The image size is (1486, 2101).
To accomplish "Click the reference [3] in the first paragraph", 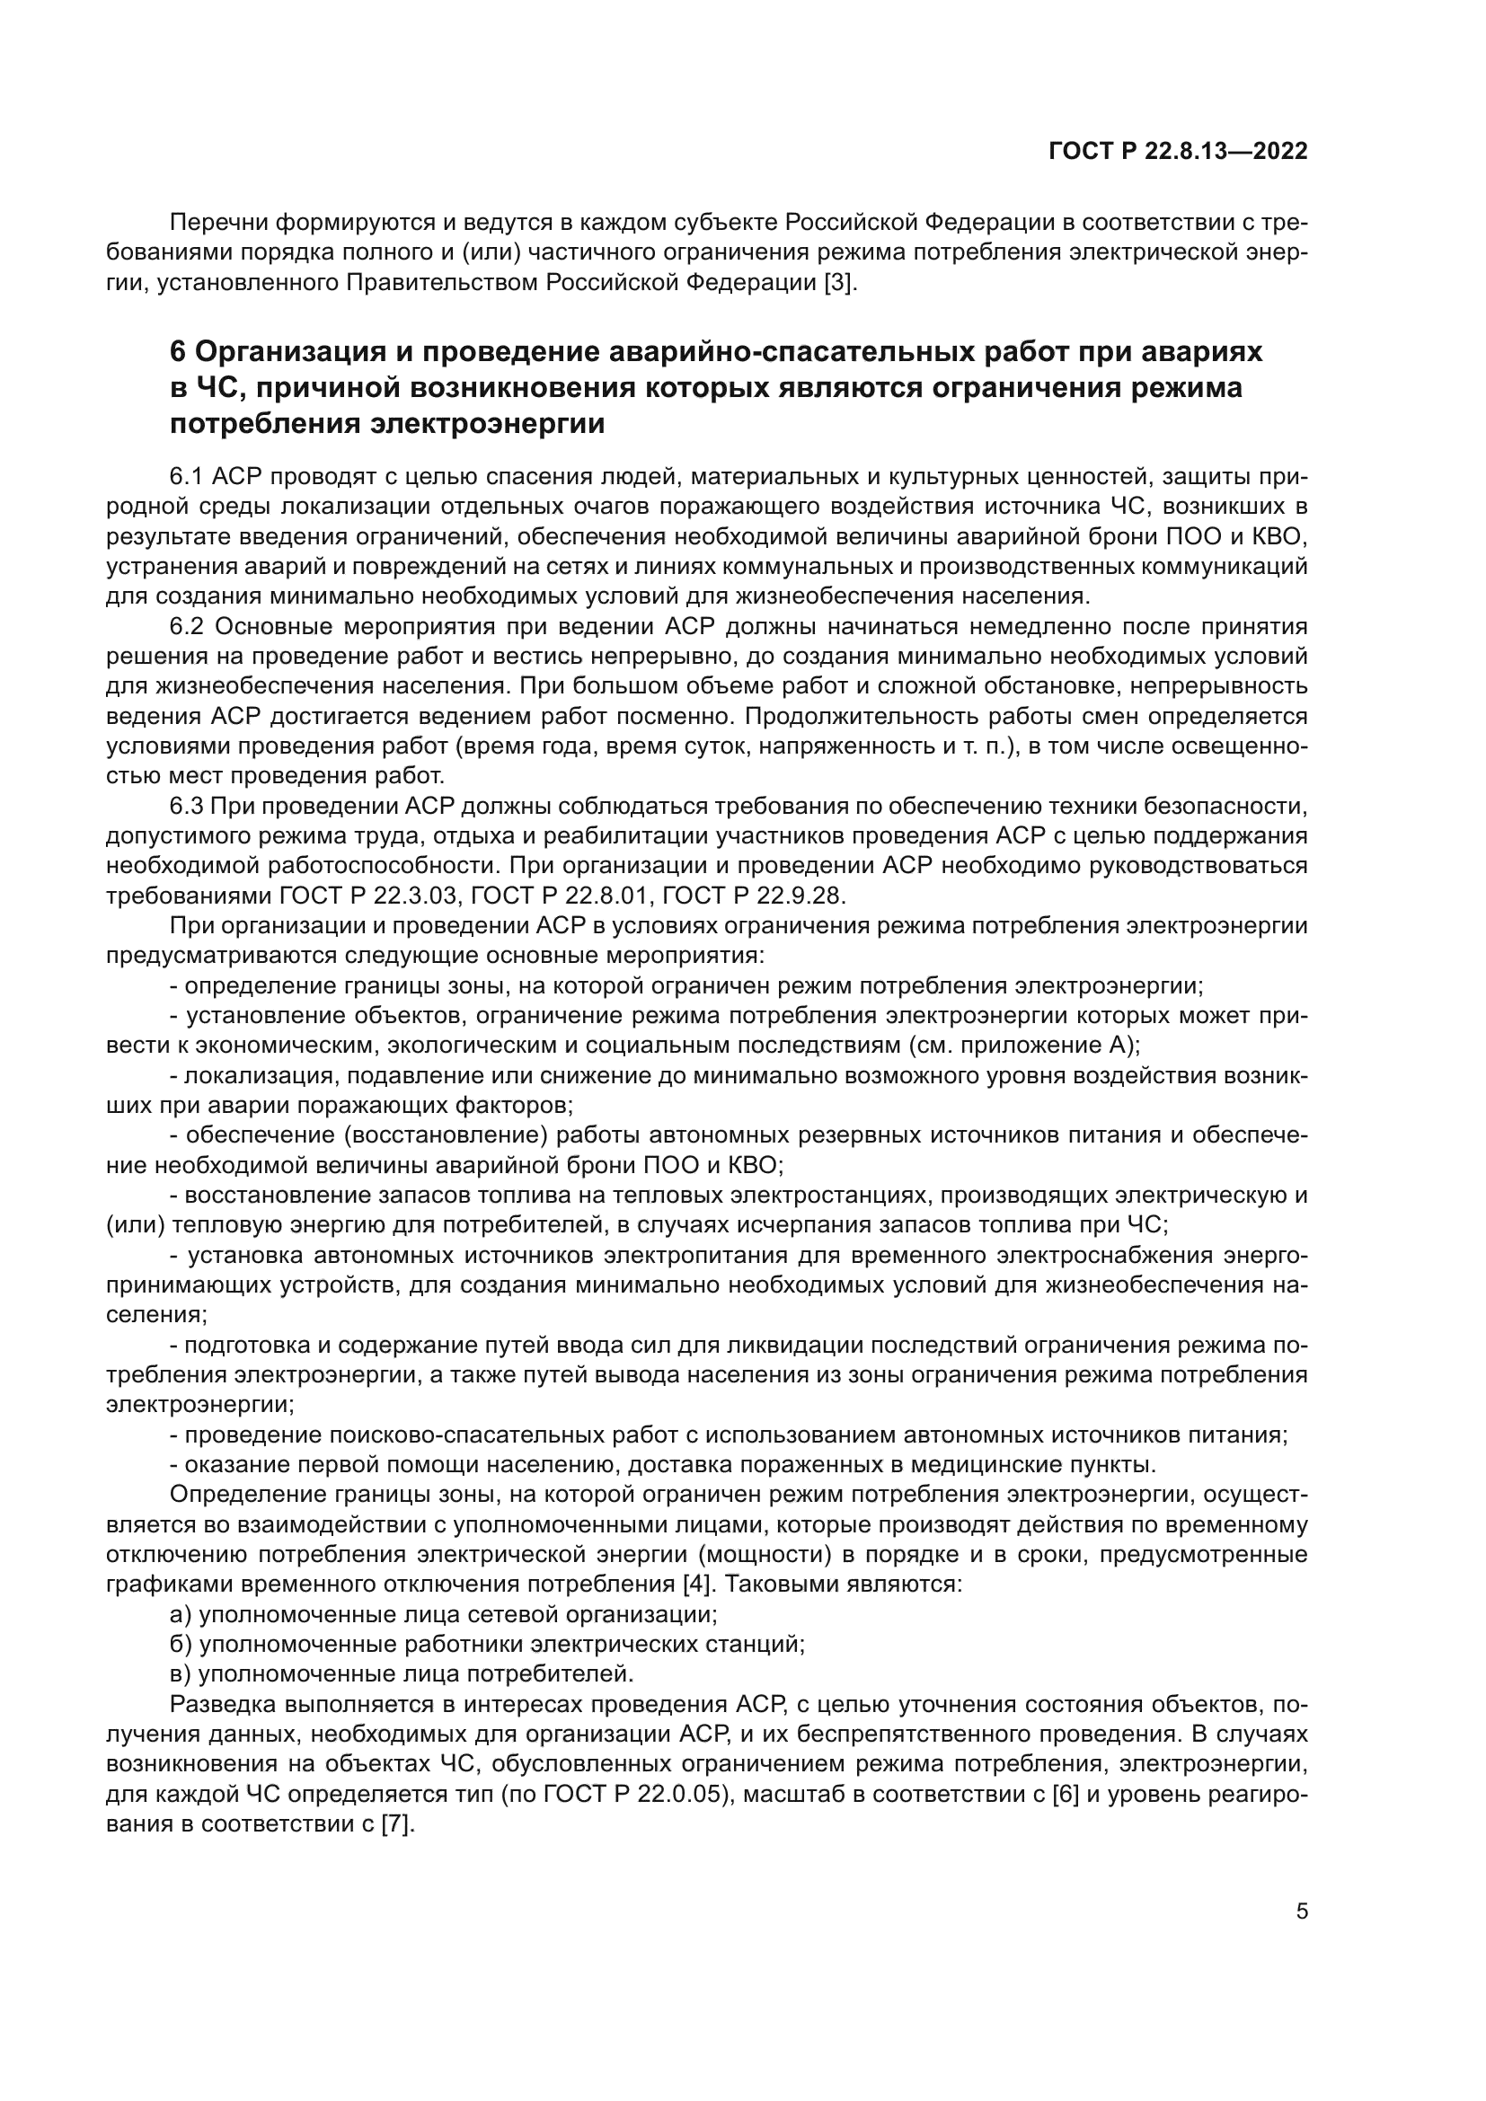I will point(839,283).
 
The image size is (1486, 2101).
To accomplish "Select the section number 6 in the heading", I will point(179,351).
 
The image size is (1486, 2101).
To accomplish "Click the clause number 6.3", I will point(188,805).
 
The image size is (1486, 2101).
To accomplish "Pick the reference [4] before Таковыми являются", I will point(697,1583).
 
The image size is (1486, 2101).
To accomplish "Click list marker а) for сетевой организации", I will point(181,1614).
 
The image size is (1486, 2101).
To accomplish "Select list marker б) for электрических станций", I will point(181,1645).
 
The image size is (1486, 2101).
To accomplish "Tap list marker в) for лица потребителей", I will point(181,1673).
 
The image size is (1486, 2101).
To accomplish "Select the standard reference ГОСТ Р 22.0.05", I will point(637,1794).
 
